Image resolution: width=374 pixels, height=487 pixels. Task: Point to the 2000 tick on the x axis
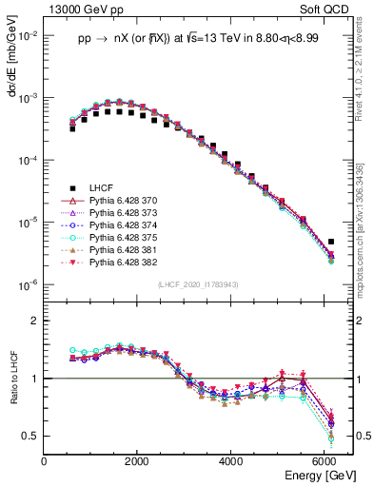point(137,461)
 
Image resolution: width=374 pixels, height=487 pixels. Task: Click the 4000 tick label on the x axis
point(230,461)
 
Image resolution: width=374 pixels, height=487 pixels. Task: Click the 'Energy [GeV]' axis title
point(320,475)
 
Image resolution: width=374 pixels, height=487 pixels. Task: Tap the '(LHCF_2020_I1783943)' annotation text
point(197,285)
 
